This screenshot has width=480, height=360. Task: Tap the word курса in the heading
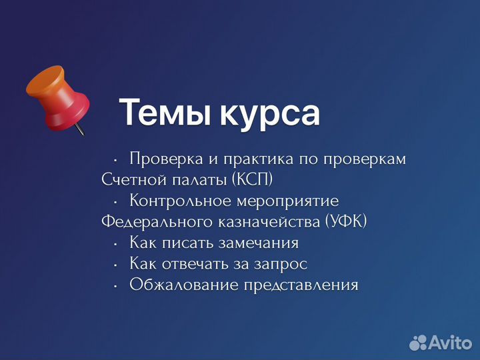coord(267,113)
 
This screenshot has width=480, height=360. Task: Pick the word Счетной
coord(129,181)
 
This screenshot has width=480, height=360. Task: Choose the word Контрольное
coord(181,201)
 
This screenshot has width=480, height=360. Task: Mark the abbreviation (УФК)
coord(346,222)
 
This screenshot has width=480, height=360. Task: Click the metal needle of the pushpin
coord(79,129)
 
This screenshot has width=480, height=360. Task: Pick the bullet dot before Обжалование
coord(115,286)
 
